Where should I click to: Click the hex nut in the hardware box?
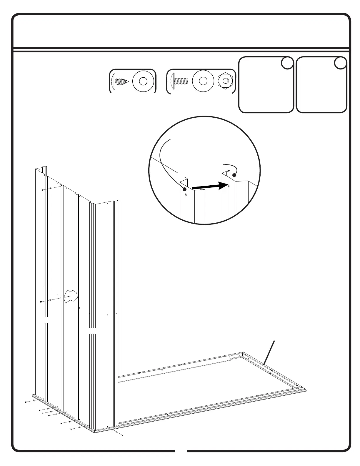(225, 81)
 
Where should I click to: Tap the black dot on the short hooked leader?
(234, 175)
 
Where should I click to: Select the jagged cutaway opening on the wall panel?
(71, 295)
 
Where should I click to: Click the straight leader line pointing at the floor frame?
(269, 353)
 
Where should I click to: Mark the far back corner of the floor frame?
(243, 352)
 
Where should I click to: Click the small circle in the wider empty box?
(287, 63)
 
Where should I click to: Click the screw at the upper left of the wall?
(43, 190)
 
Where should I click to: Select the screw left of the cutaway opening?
(41, 302)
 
